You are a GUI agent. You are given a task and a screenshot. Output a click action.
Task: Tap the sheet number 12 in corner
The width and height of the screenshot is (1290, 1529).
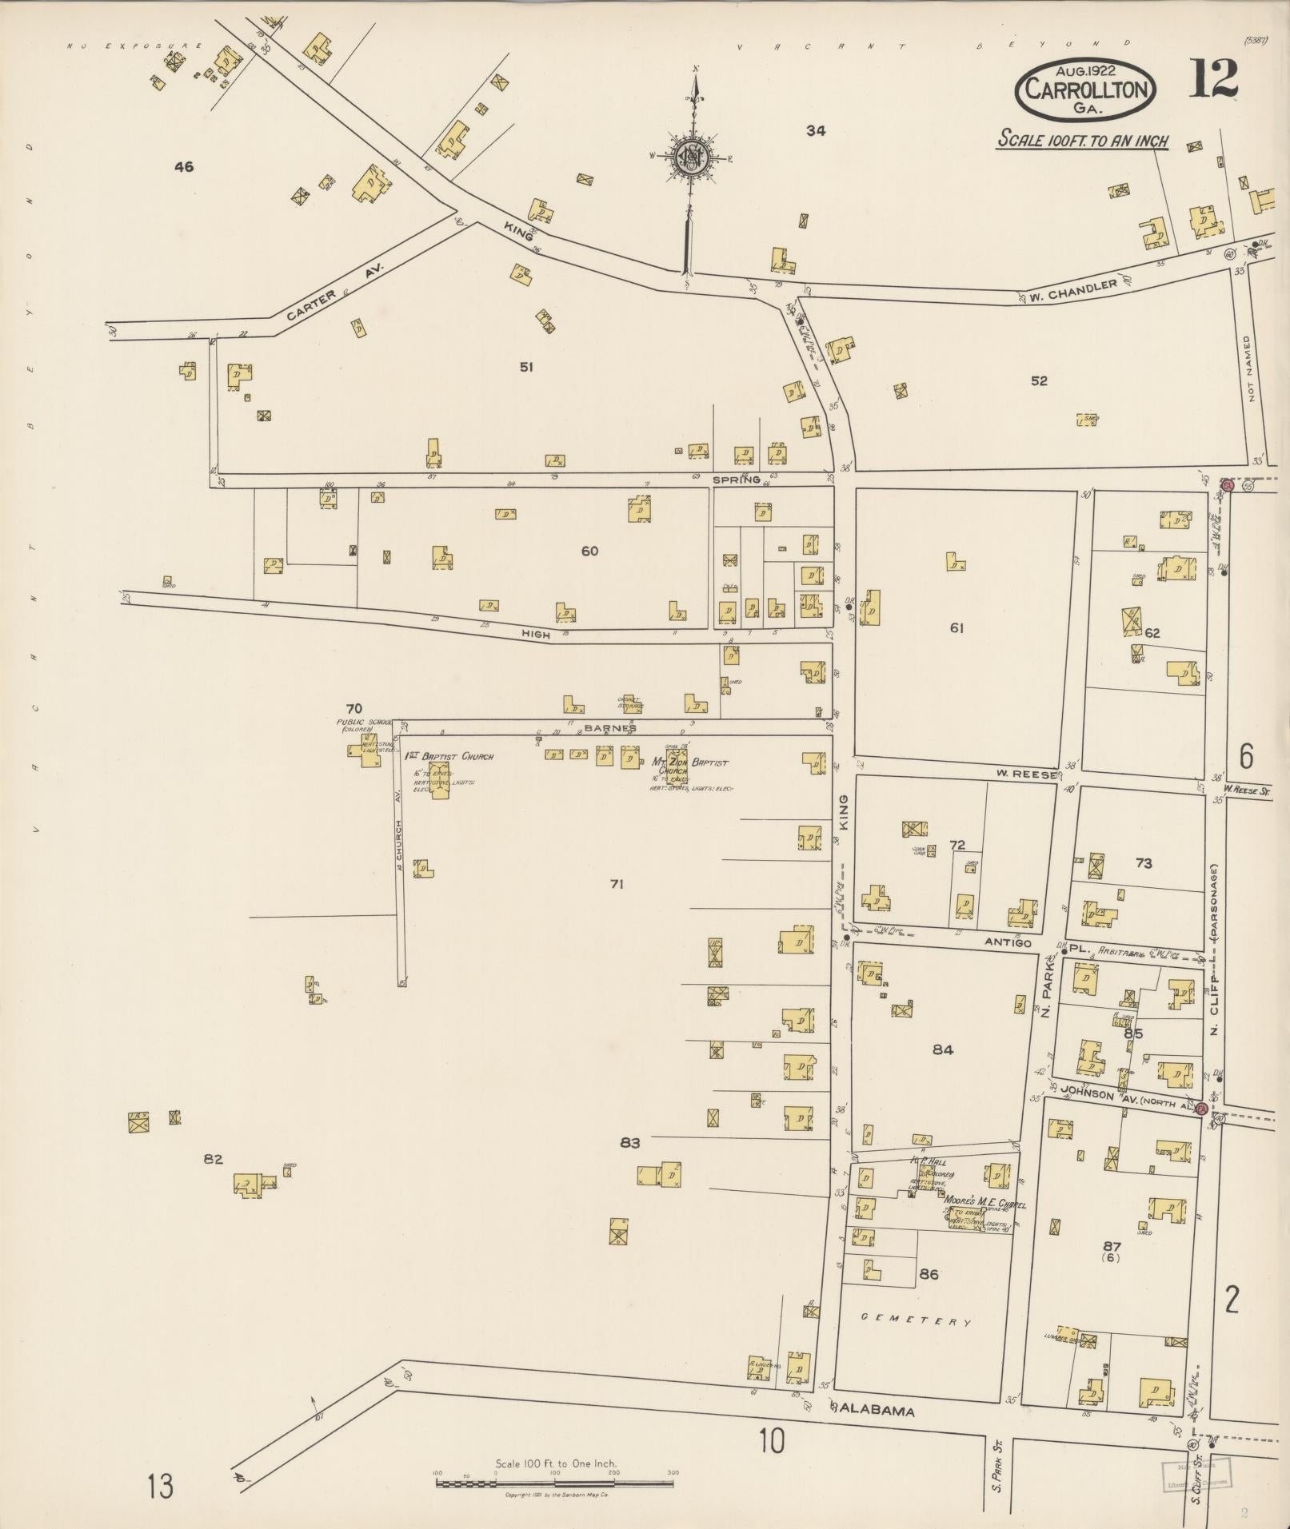1213,79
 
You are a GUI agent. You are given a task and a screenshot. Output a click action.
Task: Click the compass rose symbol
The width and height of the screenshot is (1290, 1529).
689,157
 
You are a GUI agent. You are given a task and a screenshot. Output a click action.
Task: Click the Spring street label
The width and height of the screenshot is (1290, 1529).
737,480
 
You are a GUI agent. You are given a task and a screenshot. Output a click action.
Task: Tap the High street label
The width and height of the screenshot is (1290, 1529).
536,634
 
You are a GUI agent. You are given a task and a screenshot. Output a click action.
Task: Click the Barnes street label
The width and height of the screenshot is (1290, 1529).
609,728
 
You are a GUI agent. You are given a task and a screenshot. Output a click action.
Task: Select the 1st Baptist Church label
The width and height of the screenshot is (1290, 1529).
449,756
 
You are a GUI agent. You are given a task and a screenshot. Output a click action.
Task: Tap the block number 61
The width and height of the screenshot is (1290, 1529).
957,628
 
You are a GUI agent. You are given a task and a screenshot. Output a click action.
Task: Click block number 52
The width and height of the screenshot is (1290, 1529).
1038,381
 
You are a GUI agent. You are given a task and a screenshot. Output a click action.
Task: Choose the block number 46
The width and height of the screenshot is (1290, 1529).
184,167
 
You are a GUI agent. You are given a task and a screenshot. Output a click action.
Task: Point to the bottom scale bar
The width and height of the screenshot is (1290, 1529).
555,1483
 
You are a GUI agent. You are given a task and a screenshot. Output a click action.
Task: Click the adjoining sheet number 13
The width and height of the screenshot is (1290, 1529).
160,1487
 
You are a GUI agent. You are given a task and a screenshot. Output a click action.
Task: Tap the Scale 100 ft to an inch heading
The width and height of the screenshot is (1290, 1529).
1082,141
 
